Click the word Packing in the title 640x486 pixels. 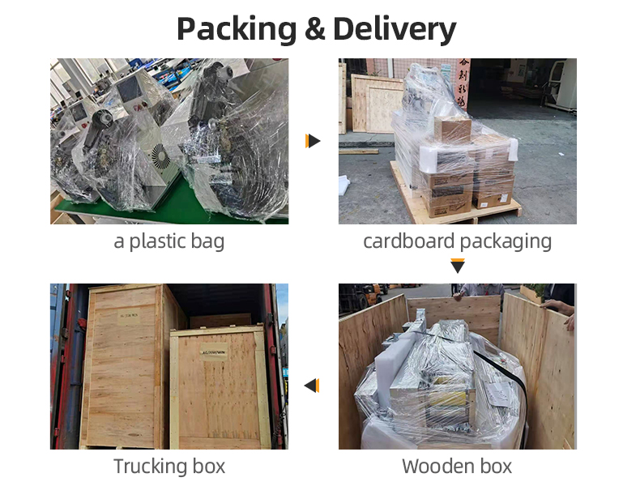pyautogui.click(x=237, y=29)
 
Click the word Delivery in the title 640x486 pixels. pyautogui.click(x=395, y=29)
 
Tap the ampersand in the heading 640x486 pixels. pyautogui.click(x=314, y=28)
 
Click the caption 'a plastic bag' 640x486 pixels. pyautogui.click(x=169, y=241)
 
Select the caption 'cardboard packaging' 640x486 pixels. pyautogui.click(x=457, y=241)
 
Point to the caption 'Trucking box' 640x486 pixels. pyautogui.click(x=169, y=467)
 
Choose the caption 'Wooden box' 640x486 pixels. pyautogui.click(x=457, y=467)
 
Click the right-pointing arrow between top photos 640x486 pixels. pyautogui.click(x=313, y=141)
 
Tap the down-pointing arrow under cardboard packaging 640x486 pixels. pyautogui.click(x=458, y=266)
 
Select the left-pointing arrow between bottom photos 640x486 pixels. pyautogui.click(x=312, y=386)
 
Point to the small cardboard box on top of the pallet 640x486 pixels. pyautogui.click(x=452, y=129)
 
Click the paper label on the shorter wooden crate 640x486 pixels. pyautogui.click(x=214, y=352)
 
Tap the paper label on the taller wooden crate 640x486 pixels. pyautogui.click(x=129, y=316)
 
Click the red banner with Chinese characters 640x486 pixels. pyautogui.click(x=463, y=83)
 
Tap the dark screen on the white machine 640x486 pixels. pyautogui.click(x=130, y=89)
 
